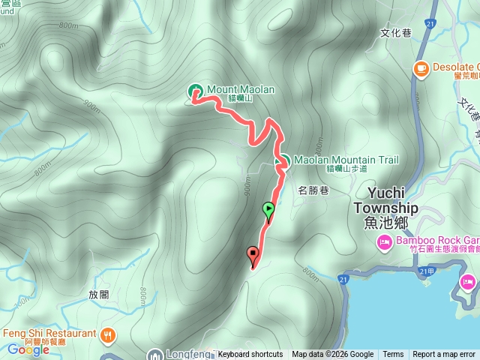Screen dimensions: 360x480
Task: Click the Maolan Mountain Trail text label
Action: [346, 160]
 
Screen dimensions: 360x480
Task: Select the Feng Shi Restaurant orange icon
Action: [109, 334]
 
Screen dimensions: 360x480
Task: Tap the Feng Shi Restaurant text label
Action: [50, 334]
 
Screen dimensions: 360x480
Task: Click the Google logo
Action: [28, 349]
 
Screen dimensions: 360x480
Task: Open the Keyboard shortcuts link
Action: [250, 355]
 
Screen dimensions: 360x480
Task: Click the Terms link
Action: [393, 355]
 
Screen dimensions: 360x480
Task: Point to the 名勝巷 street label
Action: [313, 190]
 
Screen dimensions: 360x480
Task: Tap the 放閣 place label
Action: [99, 295]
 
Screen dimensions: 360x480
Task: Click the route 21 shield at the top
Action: [430, 25]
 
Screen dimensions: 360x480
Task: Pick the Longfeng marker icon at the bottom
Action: [155, 354]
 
